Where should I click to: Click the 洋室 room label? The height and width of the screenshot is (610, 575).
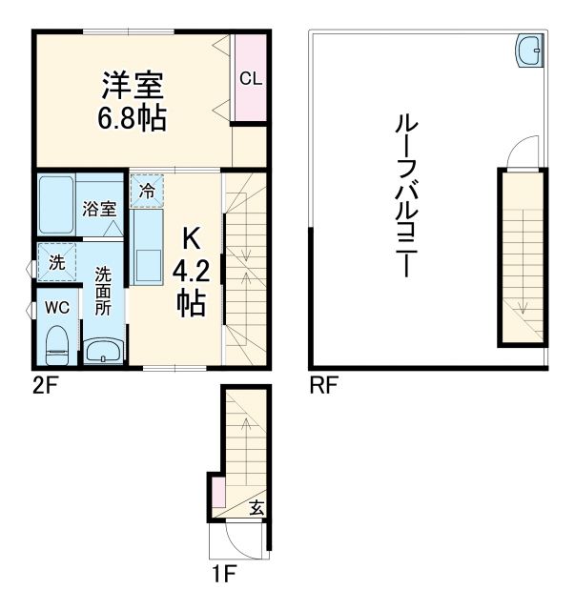[x=133, y=85]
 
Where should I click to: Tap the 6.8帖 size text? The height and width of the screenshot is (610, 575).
[x=133, y=119]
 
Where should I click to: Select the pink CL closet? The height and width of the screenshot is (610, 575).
[x=251, y=79]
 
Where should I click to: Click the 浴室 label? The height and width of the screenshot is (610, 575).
[x=98, y=208]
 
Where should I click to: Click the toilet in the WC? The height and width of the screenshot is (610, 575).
[x=57, y=344]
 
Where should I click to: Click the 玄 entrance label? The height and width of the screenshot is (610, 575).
[x=257, y=508]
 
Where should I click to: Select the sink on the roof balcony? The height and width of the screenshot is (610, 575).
[x=528, y=51]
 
